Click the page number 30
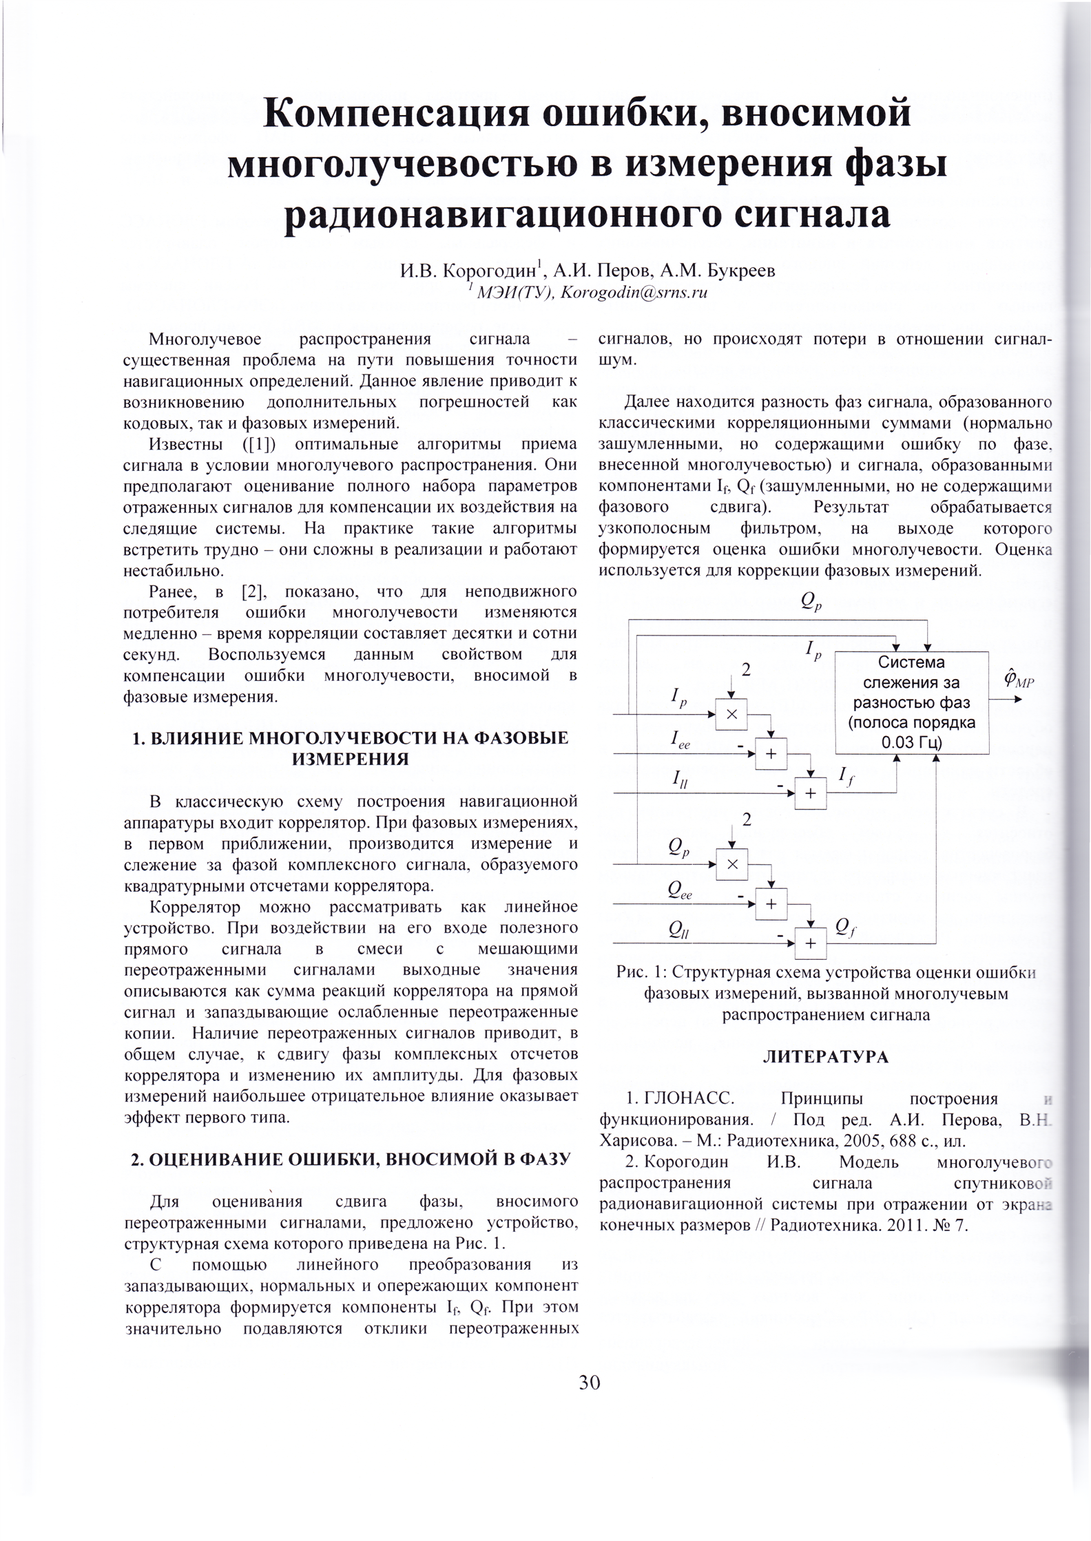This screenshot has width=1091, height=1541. pyautogui.click(x=590, y=1382)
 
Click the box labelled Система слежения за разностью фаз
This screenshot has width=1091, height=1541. pyautogui.click(x=911, y=702)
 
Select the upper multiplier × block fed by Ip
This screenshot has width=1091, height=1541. pyautogui.click(x=731, y=714)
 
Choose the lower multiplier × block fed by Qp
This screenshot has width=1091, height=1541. pyautogui.click(x=731, y=864)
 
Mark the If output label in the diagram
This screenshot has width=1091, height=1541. pyautogui.click(x=846, y=776)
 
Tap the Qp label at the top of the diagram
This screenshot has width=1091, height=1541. pyautogui.click(x=811, y=602)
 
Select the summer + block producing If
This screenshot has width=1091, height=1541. pyautogui.click(x=811, y=793)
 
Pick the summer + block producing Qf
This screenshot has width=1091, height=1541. pyautogui.click(x=811, y=943)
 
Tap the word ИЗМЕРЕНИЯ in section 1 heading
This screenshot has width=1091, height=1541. pyautogui.click(x=351, y=759)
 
